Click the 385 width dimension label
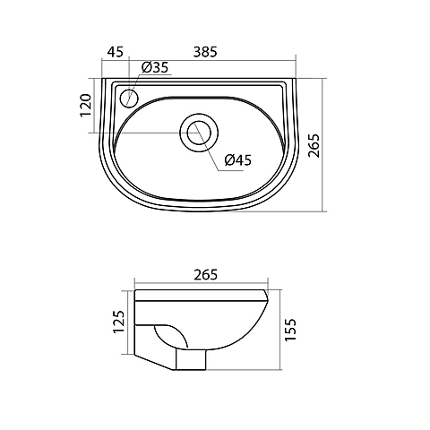pyautogui.click(x=205, y=52)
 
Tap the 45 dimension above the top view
pyautogui.click(x=116, y=52)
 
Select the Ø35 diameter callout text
pyautogui.click(x=155, y=67)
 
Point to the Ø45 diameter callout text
pyautogui.click(x=238, y=160)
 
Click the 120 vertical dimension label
pyautogui.click(x=85, y=106)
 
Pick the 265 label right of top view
pyautogui.click(x=314, y=145)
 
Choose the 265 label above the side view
pyautogui.click(x=205, y=275)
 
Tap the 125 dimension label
pyautogui.click(x=118, y=322)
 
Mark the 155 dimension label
pyautogui.click(x=290, y=330)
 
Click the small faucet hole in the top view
pyautogui.click(x=130, y=99)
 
